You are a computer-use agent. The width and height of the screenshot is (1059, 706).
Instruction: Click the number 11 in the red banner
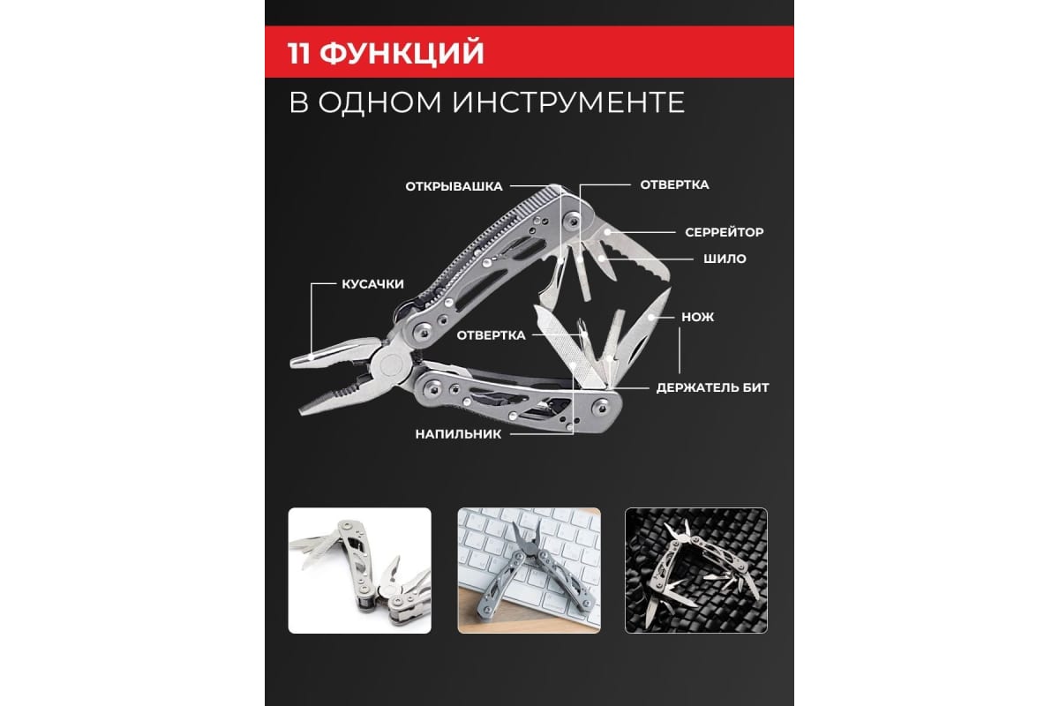(x=298, y=52)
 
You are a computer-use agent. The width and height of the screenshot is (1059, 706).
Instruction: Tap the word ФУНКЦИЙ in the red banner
(x=402, y=52)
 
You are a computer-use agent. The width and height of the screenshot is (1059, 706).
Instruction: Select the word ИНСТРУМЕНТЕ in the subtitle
(x=568, y=102)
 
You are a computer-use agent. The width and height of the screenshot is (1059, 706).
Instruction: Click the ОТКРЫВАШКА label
(x=454, y=186)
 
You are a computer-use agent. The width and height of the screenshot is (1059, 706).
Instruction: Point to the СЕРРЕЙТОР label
(x=724, y=232)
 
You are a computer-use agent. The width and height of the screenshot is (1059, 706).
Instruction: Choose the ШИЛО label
(x=725, y=259)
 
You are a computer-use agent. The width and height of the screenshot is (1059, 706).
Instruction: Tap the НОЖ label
(x=697, y=317)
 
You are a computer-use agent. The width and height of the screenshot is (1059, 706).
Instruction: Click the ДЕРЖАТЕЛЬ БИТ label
(x=712, y=387)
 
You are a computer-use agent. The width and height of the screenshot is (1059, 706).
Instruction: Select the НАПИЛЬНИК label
(x=458, y=434)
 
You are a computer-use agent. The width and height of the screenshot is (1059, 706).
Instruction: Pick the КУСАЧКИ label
(x=372, y=284)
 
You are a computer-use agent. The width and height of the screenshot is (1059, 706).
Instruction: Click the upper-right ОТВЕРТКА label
(x=674, y=185)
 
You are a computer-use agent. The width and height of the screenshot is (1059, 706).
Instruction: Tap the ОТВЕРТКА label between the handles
(x=491, y=335)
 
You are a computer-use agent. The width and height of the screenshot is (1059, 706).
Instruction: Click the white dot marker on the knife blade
(x=651, y=316)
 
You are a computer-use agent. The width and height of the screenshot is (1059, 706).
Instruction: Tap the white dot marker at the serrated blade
(x=607, y=232)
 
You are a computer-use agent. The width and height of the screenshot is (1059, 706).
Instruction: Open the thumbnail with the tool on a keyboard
(x=529, y=570)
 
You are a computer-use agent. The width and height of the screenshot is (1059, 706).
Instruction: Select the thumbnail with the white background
(x=360, y=570)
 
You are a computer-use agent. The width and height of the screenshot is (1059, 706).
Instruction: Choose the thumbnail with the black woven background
(x=696, y=570)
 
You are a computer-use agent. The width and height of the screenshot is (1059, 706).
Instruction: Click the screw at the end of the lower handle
(x=601, y=405)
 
